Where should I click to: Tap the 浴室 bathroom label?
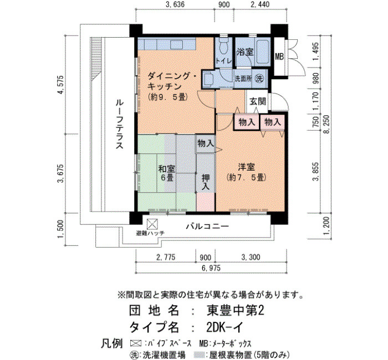pyautogui.click(x=245, y=52)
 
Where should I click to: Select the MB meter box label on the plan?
pyautogui.click(x=279, y=56)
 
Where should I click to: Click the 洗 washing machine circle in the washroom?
pyautogui.click(x=259, y=79)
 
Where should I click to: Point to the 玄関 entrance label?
pyautogui.click(x=257, y=101)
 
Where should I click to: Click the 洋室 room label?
pyautogui.click(x=246, y=167)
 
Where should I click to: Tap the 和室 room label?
pyautogui.click(x=166, y=169)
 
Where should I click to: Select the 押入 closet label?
pyautogui.click(x=206, y=182)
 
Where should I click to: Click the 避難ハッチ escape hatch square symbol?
pyautogui.click(x=152, y=224)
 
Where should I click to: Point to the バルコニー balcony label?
pyautogui.click(x=207, y=226)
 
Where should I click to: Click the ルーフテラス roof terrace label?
pyautogui.click(x=120, y=124)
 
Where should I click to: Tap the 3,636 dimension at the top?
pyautogui.click(x=175, y=4)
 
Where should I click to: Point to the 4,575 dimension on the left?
pyautogui.click(x=60, y=85)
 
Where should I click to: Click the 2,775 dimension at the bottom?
pyautogui.click(x=166, y=257)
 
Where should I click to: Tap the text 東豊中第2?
pyautogui.click(x=235, y=310)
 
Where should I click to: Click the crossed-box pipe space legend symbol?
pyautogui.click(x=136, y=343)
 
